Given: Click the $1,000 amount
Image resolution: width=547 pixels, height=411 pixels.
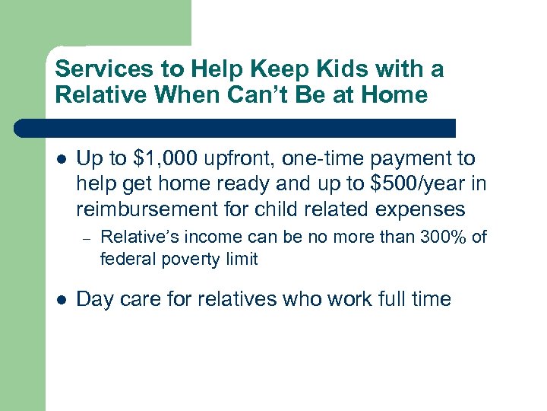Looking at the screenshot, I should point(164,159).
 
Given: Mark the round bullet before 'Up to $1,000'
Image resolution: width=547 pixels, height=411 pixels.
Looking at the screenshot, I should point(61,160).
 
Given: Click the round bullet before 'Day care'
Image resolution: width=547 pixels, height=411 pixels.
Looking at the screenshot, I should point(61,300).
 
